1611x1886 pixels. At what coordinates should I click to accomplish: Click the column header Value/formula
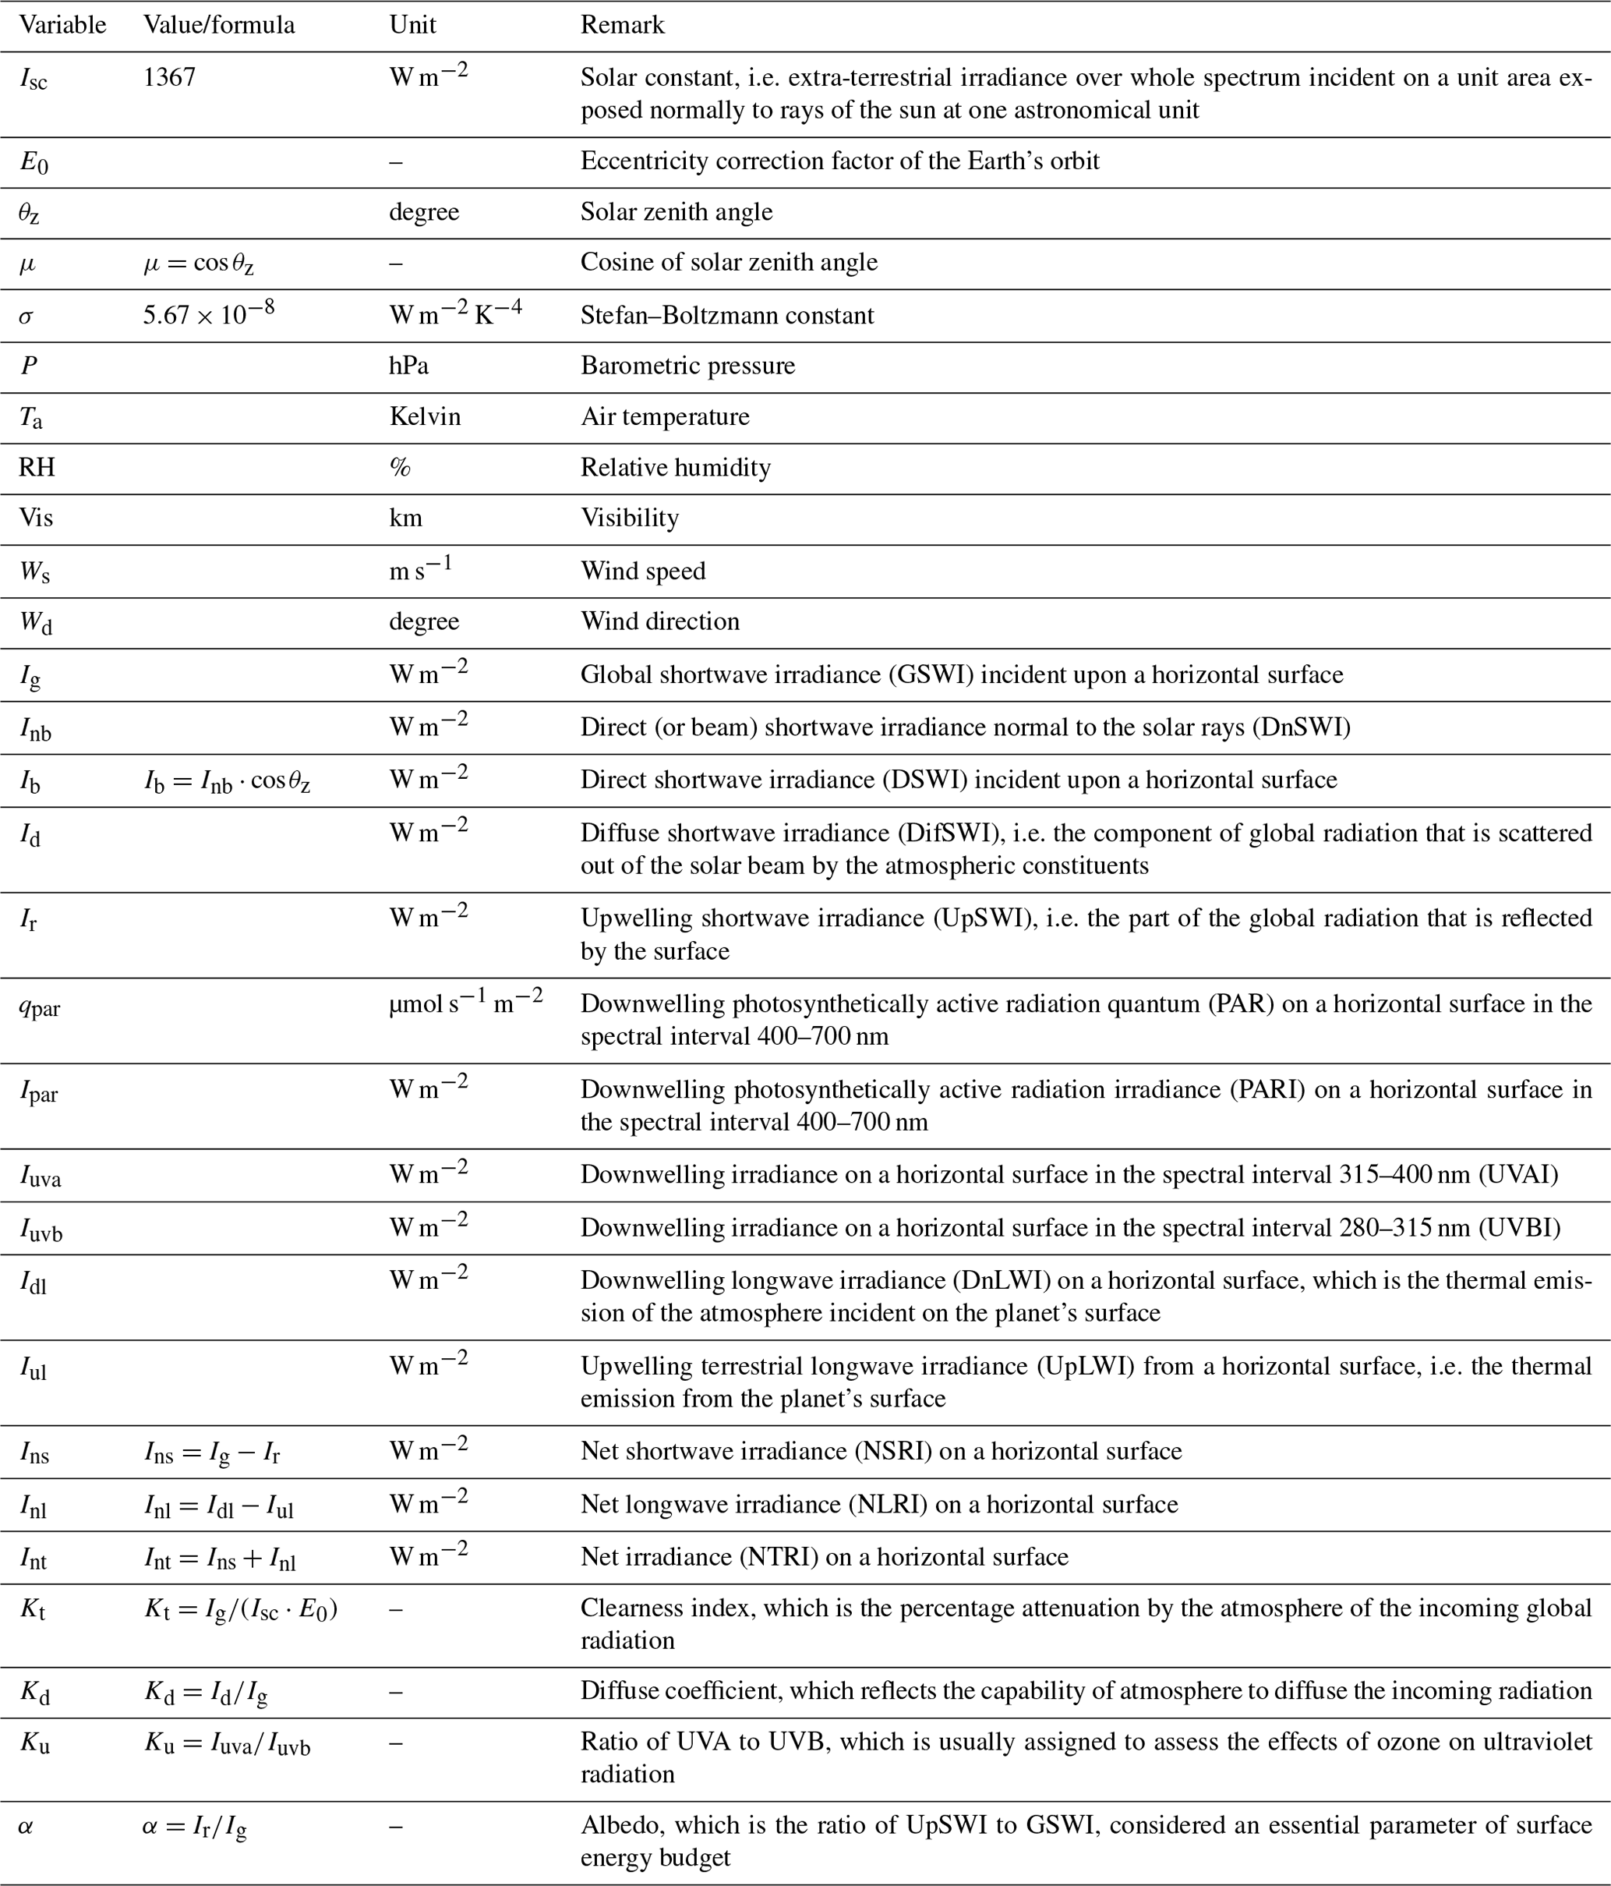click(x=218, y=25)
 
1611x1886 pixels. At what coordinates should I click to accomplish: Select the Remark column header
click(x=623, y=25)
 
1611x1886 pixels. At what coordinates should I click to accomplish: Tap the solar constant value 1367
click(x=169, y=77)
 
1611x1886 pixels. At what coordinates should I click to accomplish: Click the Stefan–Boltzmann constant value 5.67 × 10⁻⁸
click(x=208, y=315)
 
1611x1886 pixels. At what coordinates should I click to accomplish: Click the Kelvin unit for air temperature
click(x=425, y=417)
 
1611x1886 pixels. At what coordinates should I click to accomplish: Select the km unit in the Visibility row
click(x=406, y=518)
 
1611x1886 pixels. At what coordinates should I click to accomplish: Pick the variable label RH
click(x=37, y=468)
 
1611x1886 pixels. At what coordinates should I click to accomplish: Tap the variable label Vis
click(x=37, y=518)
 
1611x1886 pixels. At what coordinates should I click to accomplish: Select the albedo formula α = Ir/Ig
click(x=195, y=1827)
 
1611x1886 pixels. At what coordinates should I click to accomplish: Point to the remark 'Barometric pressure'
click(x=687, y=366)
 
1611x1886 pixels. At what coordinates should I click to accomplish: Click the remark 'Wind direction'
click(x=660, y=621)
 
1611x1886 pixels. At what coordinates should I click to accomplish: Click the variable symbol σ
click(x=26, y=317)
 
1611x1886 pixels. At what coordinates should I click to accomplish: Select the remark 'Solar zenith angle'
click(x=677, y=212)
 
